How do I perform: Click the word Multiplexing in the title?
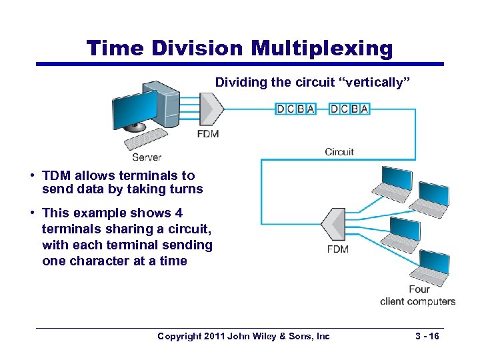(322, 48)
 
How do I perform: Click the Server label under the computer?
(147, 157)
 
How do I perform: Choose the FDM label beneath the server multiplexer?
(208, 134)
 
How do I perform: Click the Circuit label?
(339, 152)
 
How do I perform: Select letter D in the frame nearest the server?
(281, 109)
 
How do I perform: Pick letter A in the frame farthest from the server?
(364, 109)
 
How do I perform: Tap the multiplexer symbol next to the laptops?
(332, 225)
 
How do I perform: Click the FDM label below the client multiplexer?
(338, 249)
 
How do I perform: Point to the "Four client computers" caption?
(418, 295)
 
